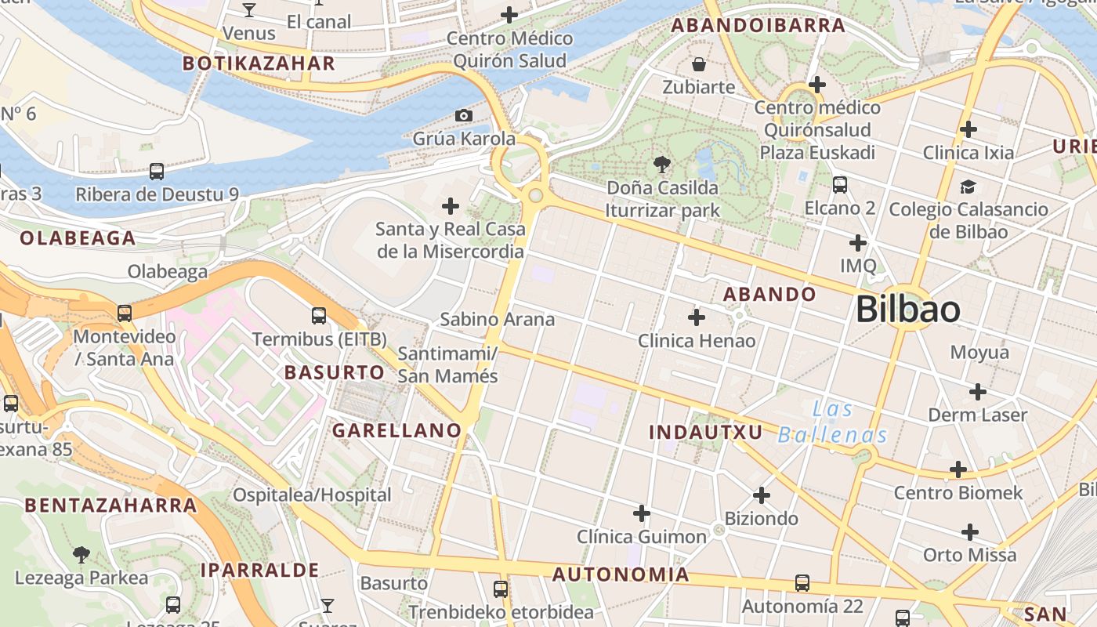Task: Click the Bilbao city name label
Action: pos(907,310)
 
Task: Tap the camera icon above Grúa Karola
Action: pos(464,116)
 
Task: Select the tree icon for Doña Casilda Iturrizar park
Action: pos(662,165)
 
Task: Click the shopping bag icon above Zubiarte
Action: pos(698,63)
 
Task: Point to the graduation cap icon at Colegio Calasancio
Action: pos(968,187)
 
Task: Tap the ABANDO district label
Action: pos(769,295)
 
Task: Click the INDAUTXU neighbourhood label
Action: pos(706,432)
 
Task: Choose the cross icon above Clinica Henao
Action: pos(696,317)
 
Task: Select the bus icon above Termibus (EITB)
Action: pos(319,316)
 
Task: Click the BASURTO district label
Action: pos(335,372)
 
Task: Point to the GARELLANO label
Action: pos(396,430)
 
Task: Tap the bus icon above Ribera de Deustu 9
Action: pos(157,171)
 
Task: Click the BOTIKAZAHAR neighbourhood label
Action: pos(259,63)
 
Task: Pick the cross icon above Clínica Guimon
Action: pos(642,514)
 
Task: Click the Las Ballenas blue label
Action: pos(833,422)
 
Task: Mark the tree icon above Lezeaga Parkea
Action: pos(81,555)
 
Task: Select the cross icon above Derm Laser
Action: pos(977,391)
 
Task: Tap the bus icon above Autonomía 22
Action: pos(802,583)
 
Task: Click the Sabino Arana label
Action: pos(497,319)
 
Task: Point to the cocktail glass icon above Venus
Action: pos(249,10)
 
